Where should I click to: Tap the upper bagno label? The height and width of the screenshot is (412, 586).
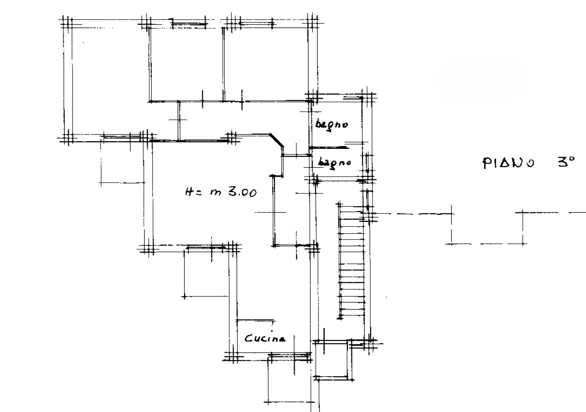point(331,125)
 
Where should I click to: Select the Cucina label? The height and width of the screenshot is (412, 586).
point(265,338)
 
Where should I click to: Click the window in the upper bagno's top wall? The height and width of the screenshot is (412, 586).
point(353,98)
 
